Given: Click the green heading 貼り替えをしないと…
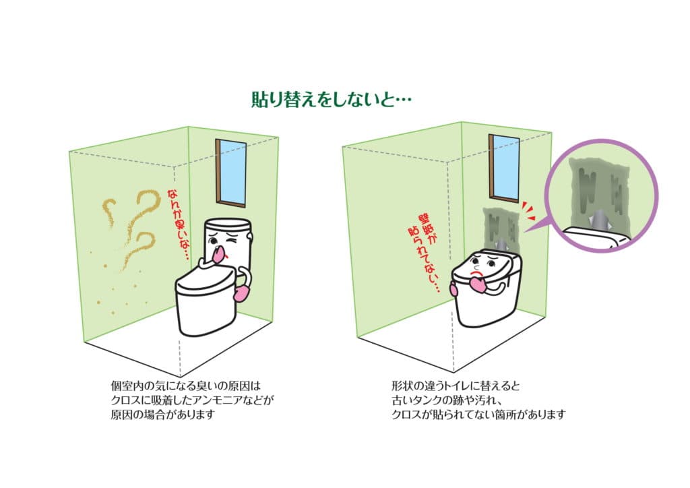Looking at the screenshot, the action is (x=332, y=100).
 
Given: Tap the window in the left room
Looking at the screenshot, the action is (x=230, y=173).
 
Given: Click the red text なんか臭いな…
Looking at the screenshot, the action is (x=178, y=224).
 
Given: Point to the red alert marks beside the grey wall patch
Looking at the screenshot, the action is (x=528, y=211).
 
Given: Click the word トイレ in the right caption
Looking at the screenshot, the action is (x=460, y=386).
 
